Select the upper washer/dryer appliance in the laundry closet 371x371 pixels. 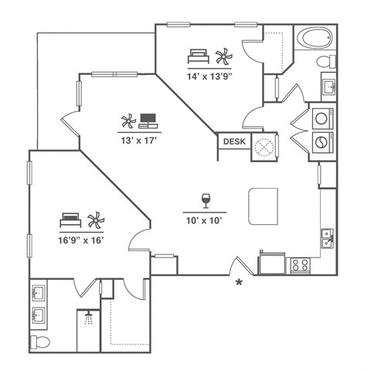320,119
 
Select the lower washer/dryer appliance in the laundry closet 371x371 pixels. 320,142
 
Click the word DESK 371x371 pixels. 233,141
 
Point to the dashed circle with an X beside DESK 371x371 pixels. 265,147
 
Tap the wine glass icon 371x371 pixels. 206,200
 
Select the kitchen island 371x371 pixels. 262,205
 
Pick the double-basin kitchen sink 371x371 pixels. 327,238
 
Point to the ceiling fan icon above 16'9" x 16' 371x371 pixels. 96,221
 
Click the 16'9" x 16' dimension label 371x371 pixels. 81,240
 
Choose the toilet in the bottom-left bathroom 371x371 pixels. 40,342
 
